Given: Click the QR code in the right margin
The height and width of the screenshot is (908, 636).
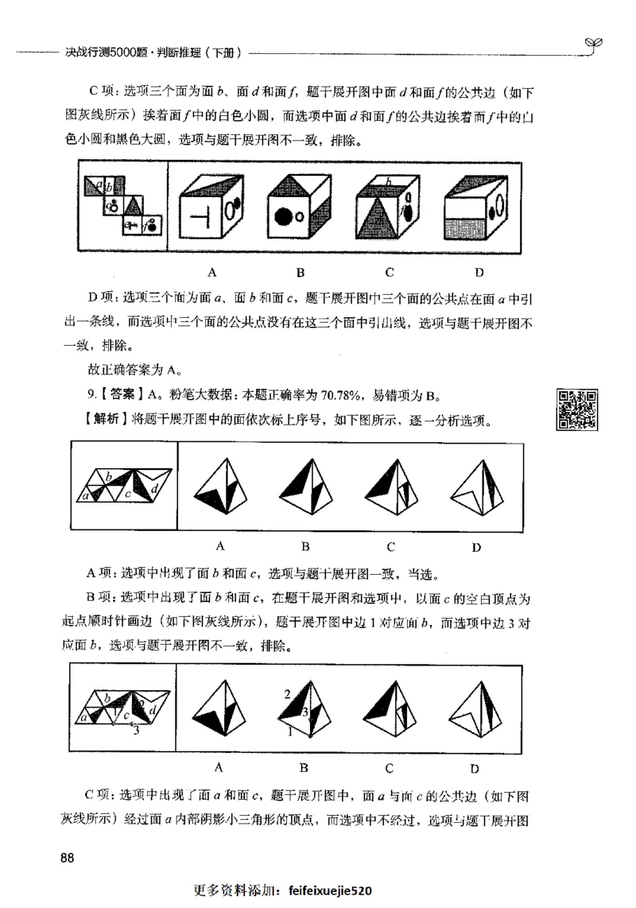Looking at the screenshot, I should (577, 409).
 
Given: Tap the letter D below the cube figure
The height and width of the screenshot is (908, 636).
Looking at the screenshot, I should (479, 272).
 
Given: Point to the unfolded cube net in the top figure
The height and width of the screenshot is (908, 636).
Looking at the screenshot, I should (123, 206).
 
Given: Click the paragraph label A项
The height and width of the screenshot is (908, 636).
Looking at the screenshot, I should (102, 574).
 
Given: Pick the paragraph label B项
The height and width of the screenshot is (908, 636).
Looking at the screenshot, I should (102, 596).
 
